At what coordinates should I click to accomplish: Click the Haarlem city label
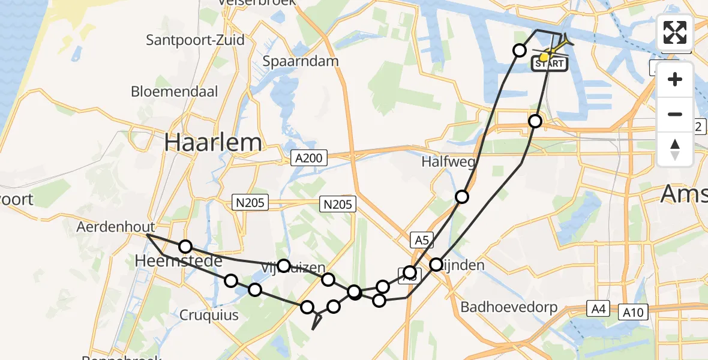(x=213, y=143)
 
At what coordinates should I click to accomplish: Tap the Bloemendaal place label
(x=175, y=92)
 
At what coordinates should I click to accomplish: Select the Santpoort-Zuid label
(x=196, y=40)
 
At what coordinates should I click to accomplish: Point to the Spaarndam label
(x=301, y=61)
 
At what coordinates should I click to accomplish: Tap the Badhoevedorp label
(x=509, y=307)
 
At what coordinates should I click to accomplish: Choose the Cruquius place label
(x=208, y=315)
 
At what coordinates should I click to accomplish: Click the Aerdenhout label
(x=116, y=227)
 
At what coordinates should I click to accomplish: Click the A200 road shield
(x=310, y=158)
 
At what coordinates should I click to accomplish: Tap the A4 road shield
(x=596, y=310)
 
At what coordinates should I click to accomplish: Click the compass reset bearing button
(x=675, y=149)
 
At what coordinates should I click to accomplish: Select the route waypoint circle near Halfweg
(x=461, y=196)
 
